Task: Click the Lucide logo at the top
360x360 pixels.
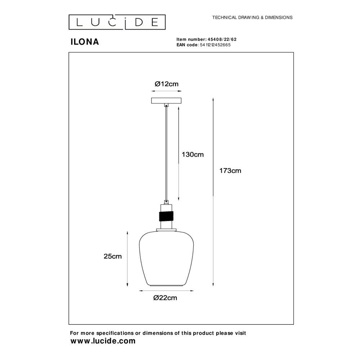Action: point(117,22)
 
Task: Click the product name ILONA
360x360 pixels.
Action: point(85,42)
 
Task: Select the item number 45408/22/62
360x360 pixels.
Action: point(222,39)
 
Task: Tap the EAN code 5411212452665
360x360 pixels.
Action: point(215,45)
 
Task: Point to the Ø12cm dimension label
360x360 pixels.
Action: point(166,84)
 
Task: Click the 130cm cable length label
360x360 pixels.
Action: point(193,154)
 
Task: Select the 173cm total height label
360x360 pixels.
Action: point(230,171)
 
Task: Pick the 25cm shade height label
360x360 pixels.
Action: point(112,256)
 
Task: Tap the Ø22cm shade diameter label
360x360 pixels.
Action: point(165,298)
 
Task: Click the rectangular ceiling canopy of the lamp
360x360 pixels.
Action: point(166,100)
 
